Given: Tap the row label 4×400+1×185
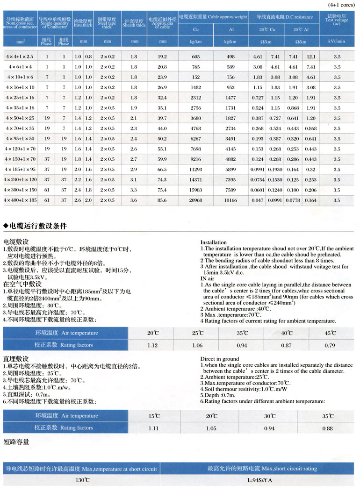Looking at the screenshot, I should (20, 200).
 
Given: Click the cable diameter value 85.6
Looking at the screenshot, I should (162, 200).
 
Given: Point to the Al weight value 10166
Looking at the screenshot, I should (230, 200).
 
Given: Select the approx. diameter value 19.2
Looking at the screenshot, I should (162, 57).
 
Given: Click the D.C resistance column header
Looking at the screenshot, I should (285, 17).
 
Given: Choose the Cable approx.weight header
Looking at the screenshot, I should (213, 17).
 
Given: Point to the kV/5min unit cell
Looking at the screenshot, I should (337, 42).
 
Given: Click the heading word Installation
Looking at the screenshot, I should (213, 242).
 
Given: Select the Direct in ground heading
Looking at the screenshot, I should (219, 359).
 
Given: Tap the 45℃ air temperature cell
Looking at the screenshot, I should (330, 333).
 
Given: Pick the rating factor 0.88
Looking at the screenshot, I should (328, 428).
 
